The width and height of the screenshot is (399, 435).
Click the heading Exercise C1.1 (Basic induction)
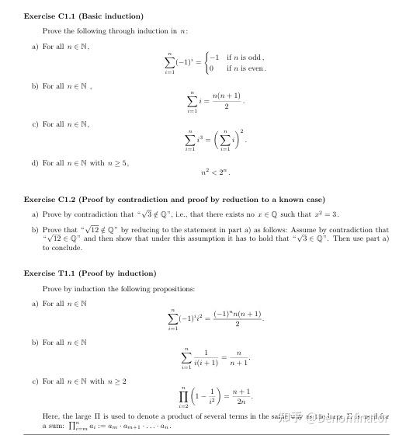(x=84, y=16)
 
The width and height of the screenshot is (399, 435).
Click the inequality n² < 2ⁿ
(x=215, y=170)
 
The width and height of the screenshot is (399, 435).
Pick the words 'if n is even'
(x=246, y=68)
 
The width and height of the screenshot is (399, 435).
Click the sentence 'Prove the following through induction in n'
(x=115, y=31)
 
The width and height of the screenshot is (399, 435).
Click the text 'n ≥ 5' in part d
(x=119, y=163)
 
